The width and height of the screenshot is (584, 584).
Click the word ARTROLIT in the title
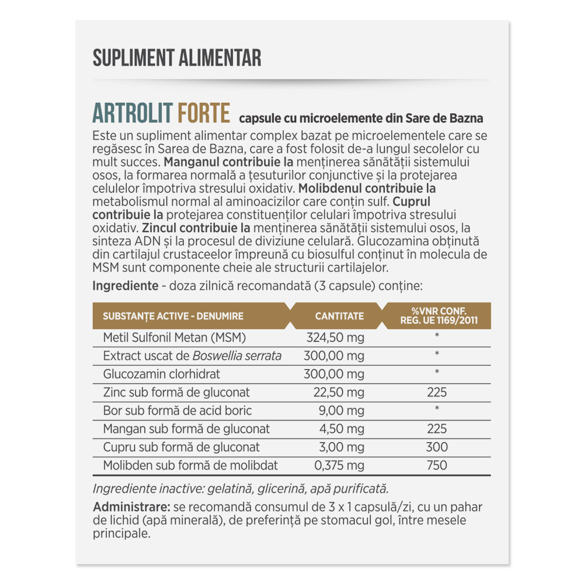coord(131,113)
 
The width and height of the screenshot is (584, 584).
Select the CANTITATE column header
coord(339,316)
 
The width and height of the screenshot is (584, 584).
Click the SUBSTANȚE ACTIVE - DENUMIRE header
coord(173,316)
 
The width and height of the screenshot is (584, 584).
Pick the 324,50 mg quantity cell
coord(335,338)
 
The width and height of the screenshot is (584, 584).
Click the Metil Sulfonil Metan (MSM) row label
coord(175,338)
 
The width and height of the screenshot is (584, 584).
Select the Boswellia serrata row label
coord(192,356)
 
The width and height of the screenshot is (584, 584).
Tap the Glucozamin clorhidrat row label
coord(161,374)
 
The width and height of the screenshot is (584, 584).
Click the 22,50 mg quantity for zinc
coord(339,392)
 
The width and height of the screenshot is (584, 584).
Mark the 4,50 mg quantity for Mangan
coord(342,429)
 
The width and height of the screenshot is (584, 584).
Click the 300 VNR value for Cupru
coord(437,447)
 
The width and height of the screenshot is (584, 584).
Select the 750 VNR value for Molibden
coord(437,465)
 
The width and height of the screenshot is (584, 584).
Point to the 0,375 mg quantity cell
coord(339,465)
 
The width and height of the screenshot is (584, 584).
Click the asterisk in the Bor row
coord(437,409)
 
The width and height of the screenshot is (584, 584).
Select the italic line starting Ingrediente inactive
coord(241,489)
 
